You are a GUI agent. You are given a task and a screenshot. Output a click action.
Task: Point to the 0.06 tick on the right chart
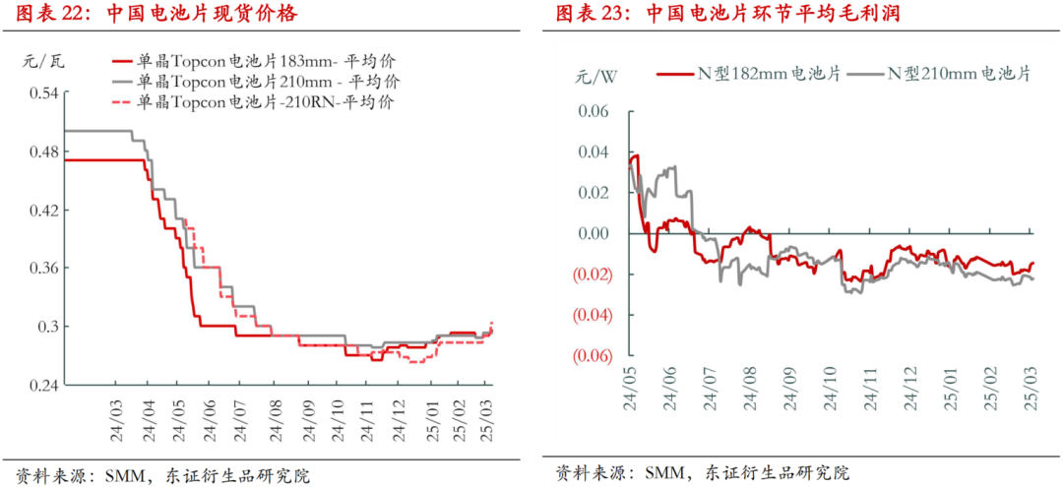click(x=594, y=111)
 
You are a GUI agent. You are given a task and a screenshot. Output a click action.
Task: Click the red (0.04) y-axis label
click(x=590, y=315)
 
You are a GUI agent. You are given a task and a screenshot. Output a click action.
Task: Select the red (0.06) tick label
click(x=590, y=355)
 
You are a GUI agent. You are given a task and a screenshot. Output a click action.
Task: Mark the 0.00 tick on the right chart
click(x=594, y=233)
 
